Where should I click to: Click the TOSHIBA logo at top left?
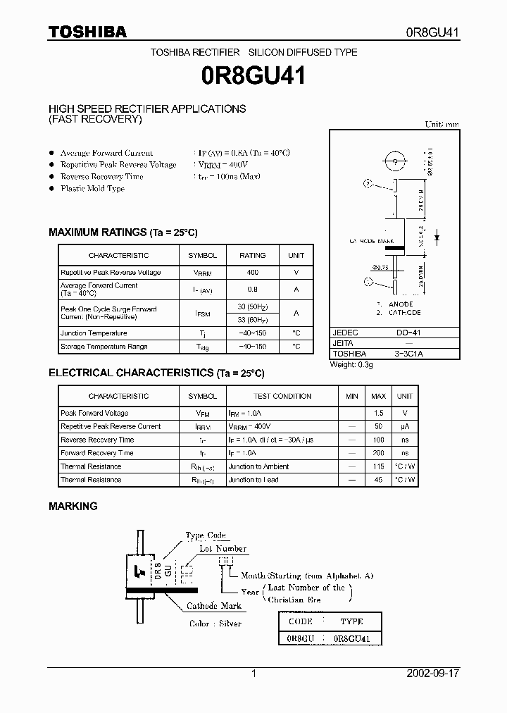[x=87, y=32]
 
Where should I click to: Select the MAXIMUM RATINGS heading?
[x=123, y=232]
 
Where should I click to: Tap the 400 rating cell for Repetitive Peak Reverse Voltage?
[x=252, y=272]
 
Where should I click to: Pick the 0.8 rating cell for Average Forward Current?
[x=252, y=289]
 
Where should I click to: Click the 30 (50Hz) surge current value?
[x=253, y=306]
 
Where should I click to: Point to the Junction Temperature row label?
[x=94, y=333]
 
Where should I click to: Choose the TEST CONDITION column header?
[x=282, y=396]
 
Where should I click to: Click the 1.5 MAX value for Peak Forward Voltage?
[x=379, y=413]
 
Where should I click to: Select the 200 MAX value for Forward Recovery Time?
[x=379, y=453]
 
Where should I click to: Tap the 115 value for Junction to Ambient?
[x=379, y=466]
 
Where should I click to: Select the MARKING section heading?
[x=73, y=506]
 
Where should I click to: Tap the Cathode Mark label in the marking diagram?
[x=214, y=606]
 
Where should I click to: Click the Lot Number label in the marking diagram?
[x=223, y=548]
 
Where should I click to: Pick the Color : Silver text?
[x=215, y=624]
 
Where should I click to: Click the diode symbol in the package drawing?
[x=437, y=239]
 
